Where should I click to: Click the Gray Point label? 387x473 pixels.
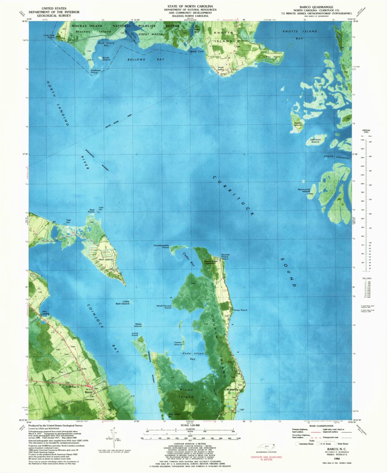point(240,310)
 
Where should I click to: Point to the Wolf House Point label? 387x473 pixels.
point(166,307)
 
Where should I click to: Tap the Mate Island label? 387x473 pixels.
point(138,325)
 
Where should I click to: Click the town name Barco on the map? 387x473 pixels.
point(89,392)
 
